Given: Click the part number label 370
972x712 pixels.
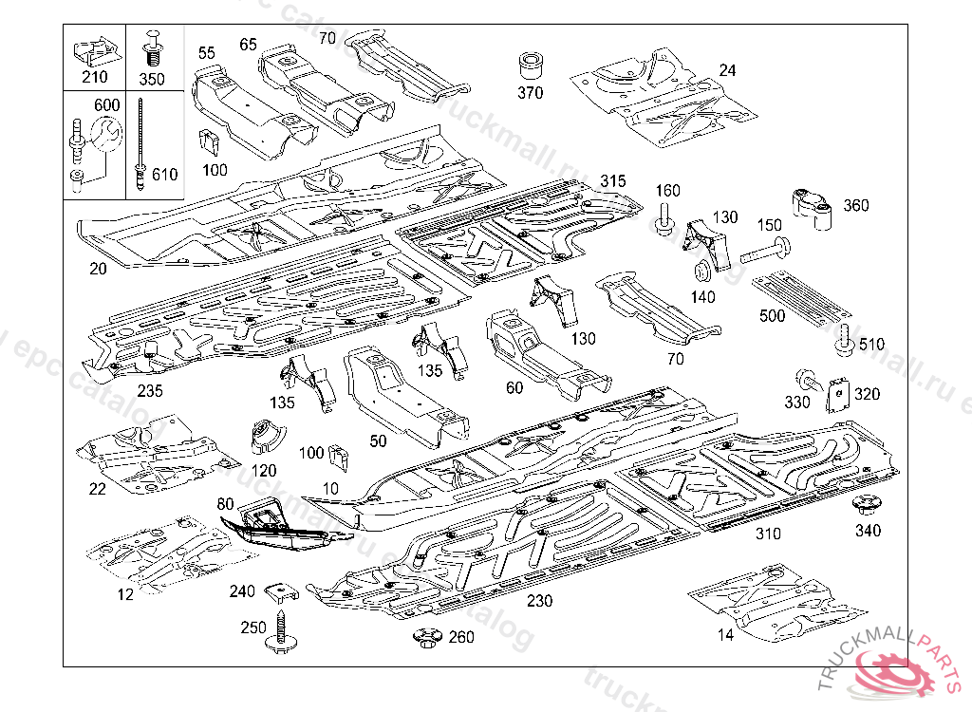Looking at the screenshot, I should [530, 93].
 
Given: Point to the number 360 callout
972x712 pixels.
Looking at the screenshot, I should [855, 205].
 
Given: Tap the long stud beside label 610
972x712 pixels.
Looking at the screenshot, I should [140, 142].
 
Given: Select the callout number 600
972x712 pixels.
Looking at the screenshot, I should [105, 105].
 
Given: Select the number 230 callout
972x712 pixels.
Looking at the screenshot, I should [539, 600].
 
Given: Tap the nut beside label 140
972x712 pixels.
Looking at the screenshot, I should [703, 271].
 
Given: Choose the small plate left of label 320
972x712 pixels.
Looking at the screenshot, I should [836, 395].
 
